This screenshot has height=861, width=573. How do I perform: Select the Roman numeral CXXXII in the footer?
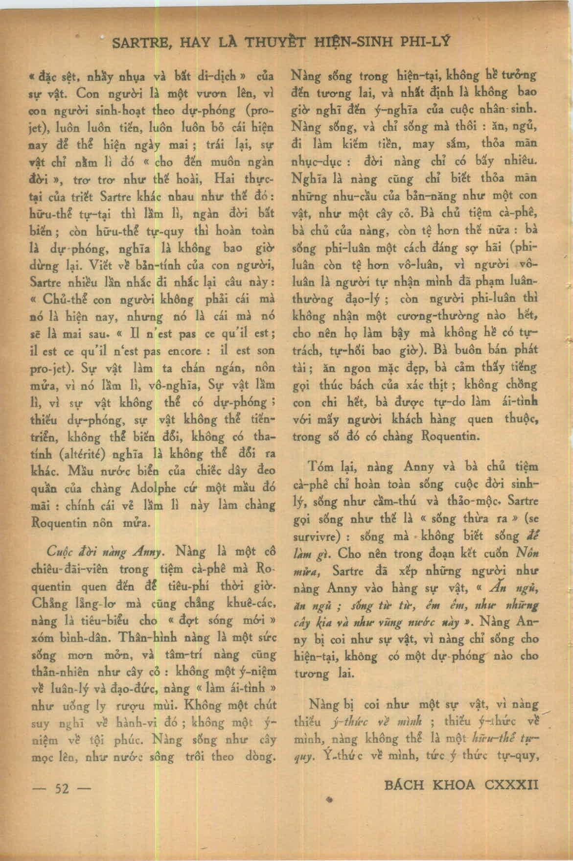click(510, 785)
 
